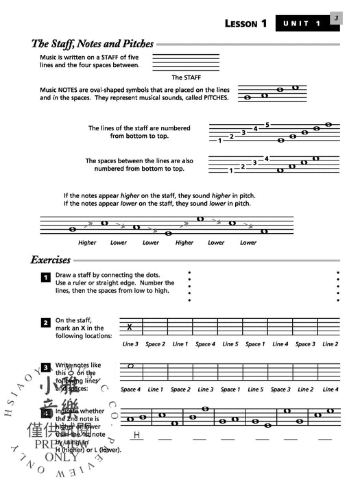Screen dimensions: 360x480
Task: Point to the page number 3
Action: click(x=336, y=19)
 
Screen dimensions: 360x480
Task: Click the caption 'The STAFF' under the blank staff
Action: click(x=186, y=78)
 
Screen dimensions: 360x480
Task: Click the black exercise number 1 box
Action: click(x=45, y=278)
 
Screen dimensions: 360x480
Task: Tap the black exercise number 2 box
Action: click(x=45, y=322)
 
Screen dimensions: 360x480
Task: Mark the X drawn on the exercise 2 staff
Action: click(x=130, y=327)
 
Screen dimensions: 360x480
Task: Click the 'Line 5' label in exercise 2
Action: click(x=230, y=344)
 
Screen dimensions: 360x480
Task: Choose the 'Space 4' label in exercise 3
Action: click(x=130, y=389)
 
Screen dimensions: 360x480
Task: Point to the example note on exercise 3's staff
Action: click(x=130, y=366)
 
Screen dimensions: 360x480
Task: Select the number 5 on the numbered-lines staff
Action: click(x=267, y=125)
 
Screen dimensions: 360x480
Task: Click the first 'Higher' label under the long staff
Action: click(x=87, y=243)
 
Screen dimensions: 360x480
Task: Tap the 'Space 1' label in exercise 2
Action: click(x=254, y=344)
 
